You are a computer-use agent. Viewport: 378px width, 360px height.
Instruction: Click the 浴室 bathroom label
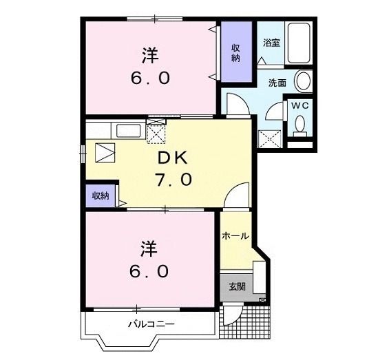(271, 43)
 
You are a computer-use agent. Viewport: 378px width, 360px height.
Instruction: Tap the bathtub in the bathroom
(299, 43)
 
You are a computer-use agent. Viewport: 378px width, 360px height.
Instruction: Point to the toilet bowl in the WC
(300, 124)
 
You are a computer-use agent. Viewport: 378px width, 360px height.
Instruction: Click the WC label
(300, 105)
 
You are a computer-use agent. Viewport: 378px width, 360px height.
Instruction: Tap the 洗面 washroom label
(277, 83)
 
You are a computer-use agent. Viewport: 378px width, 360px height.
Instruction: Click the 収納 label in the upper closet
(235, 53)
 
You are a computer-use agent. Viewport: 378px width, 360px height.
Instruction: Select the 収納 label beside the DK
(101, 195)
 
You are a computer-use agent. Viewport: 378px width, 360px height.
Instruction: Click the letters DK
(173, 158)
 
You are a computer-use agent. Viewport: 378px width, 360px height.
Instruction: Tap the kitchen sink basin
(128, 131)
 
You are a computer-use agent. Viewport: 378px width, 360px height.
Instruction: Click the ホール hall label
(235, 235)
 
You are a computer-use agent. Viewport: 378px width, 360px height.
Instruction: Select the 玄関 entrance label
(238, 286)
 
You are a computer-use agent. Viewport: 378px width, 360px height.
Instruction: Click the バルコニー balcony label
(151, 324)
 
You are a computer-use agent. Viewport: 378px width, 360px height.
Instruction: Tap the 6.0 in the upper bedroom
(150, 78)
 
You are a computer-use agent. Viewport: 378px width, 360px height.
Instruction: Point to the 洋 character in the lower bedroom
(149, 249)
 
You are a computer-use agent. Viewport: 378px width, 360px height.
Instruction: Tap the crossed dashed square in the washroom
(269, 139)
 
